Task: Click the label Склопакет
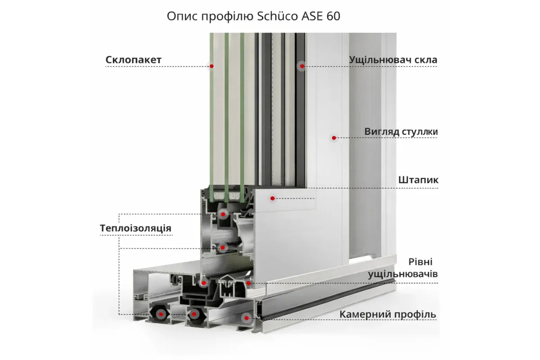tap(133, 60)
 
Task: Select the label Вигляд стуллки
tap(401, 132)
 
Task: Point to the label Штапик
tap(418, 180)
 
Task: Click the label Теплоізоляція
tap(135, 228)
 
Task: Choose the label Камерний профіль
tap(388, 314)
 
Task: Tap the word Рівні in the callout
tap(421, 262)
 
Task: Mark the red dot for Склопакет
tap(211, 66)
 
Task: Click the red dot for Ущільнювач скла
tap(302, 66)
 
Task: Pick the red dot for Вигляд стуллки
tap(334, 138)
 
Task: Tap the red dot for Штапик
tap(272, 198)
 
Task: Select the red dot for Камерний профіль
tap(246, 318)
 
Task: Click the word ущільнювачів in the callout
tap(403, 274)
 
